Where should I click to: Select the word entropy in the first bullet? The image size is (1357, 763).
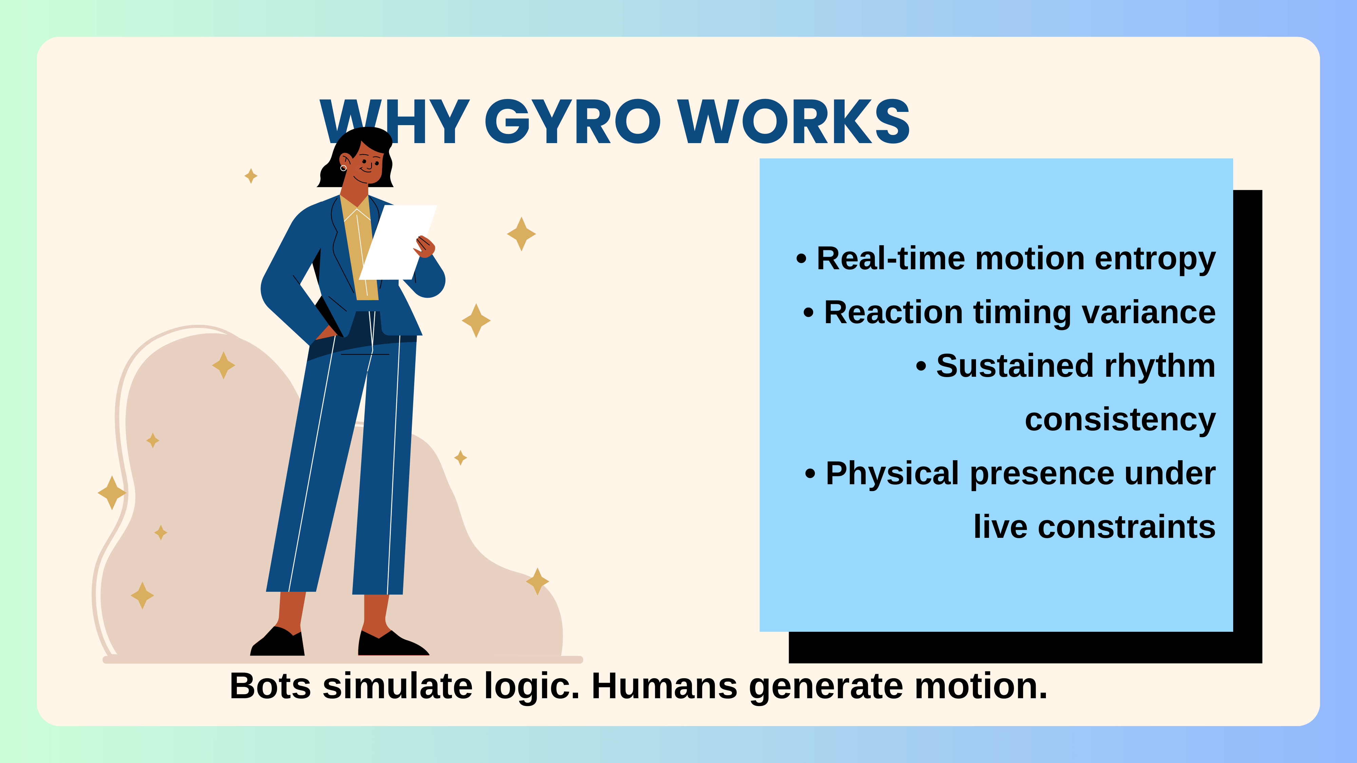coord(1155,260)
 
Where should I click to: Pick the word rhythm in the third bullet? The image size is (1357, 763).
coord(1160,367)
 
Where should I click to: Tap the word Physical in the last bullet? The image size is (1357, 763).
coord(892,474)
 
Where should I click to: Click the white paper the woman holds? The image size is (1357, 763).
coord(398,242)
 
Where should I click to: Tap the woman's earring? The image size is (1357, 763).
coord(343,168)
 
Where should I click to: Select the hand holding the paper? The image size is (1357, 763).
coord(425,247)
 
